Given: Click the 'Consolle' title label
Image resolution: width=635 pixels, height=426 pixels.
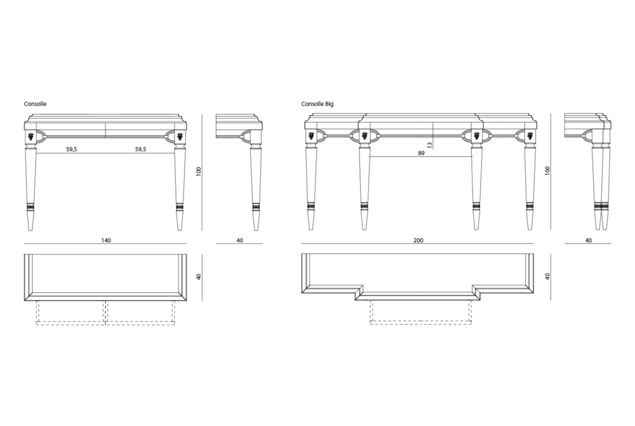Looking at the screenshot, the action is coord(35,104).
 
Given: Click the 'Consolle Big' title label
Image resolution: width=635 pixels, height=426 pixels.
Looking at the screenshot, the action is coord(317,104).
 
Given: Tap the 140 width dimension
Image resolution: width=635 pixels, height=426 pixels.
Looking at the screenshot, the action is coord(105,240).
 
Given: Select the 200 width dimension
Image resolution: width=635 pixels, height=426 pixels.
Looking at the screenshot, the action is coord(418,240).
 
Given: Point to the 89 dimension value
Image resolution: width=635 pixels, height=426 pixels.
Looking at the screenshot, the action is coord(421,153).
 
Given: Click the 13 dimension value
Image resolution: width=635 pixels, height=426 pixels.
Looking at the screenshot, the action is coord(430,144).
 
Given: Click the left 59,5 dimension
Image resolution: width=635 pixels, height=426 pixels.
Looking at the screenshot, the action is coord(72,149).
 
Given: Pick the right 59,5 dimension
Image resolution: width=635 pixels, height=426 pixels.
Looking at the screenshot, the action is coord(140,149).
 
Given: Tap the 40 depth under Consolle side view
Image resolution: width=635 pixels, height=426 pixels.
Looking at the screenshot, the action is coord(239,240).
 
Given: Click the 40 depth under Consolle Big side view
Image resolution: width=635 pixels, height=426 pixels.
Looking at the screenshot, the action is coord(589,240).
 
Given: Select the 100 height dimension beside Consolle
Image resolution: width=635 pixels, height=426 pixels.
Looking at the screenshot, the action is coord(198,172).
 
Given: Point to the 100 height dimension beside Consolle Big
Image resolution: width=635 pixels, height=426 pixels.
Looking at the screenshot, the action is coord(547,170).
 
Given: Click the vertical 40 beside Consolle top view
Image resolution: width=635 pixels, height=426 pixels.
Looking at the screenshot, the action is coord(198,277).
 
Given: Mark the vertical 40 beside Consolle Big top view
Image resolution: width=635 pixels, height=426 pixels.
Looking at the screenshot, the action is coord(547,277).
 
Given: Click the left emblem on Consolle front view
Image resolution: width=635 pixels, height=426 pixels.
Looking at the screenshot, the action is coord(30,136).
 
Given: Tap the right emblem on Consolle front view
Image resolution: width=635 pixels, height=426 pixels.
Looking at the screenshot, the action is coord(180,136).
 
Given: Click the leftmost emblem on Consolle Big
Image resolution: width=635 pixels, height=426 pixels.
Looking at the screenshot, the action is coord(311,136).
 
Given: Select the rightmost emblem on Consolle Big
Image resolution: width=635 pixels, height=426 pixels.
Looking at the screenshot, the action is coord(530,136).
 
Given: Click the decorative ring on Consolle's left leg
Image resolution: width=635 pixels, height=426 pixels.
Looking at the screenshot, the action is coord(30,207).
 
